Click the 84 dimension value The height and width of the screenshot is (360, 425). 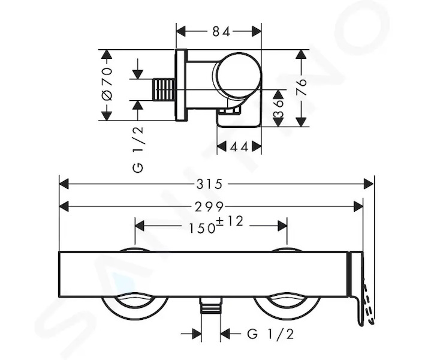[221, 31]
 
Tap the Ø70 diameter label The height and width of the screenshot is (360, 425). [107, 84]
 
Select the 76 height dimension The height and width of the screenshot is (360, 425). [301, 87]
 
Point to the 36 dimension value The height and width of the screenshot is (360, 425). [278, 109]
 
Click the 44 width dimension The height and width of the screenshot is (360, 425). [239, 147]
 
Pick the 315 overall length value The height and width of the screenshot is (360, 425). [210, 184]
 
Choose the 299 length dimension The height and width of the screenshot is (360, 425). [209, 207]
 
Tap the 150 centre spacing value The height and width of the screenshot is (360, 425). [201, 228]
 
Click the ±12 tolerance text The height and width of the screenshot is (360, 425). [230, 221]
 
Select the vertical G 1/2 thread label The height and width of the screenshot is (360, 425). [138, 149]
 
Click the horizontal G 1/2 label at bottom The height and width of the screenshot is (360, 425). [270, 334]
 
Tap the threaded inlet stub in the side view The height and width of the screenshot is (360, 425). [164, 90]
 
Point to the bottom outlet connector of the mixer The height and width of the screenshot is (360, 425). [210, 305]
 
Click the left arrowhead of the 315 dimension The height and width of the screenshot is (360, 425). [64, 184]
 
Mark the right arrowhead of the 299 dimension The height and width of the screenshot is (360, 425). [358, 207]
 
